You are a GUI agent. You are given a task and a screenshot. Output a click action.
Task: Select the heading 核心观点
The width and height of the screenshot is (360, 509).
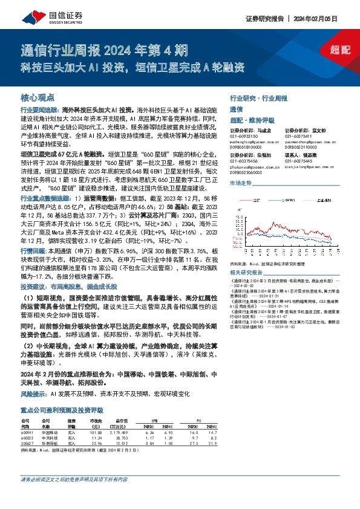38,97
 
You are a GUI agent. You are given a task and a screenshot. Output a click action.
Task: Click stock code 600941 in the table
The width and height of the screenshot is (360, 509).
28,432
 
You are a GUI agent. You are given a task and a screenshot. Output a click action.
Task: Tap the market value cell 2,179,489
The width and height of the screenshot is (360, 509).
121,432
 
